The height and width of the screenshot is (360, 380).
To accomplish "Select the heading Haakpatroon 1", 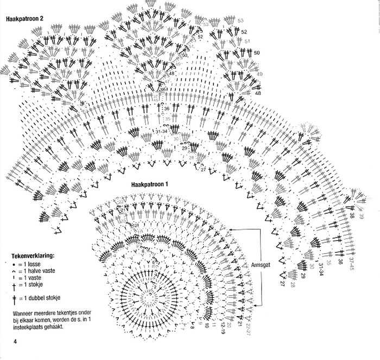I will click(x=150, y=184).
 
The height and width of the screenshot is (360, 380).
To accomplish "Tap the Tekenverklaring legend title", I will click(x=33, y=254).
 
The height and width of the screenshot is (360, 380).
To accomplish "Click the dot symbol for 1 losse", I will click(x=12, y=263).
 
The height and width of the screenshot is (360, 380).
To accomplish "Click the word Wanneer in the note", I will click(x=24, y=314).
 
